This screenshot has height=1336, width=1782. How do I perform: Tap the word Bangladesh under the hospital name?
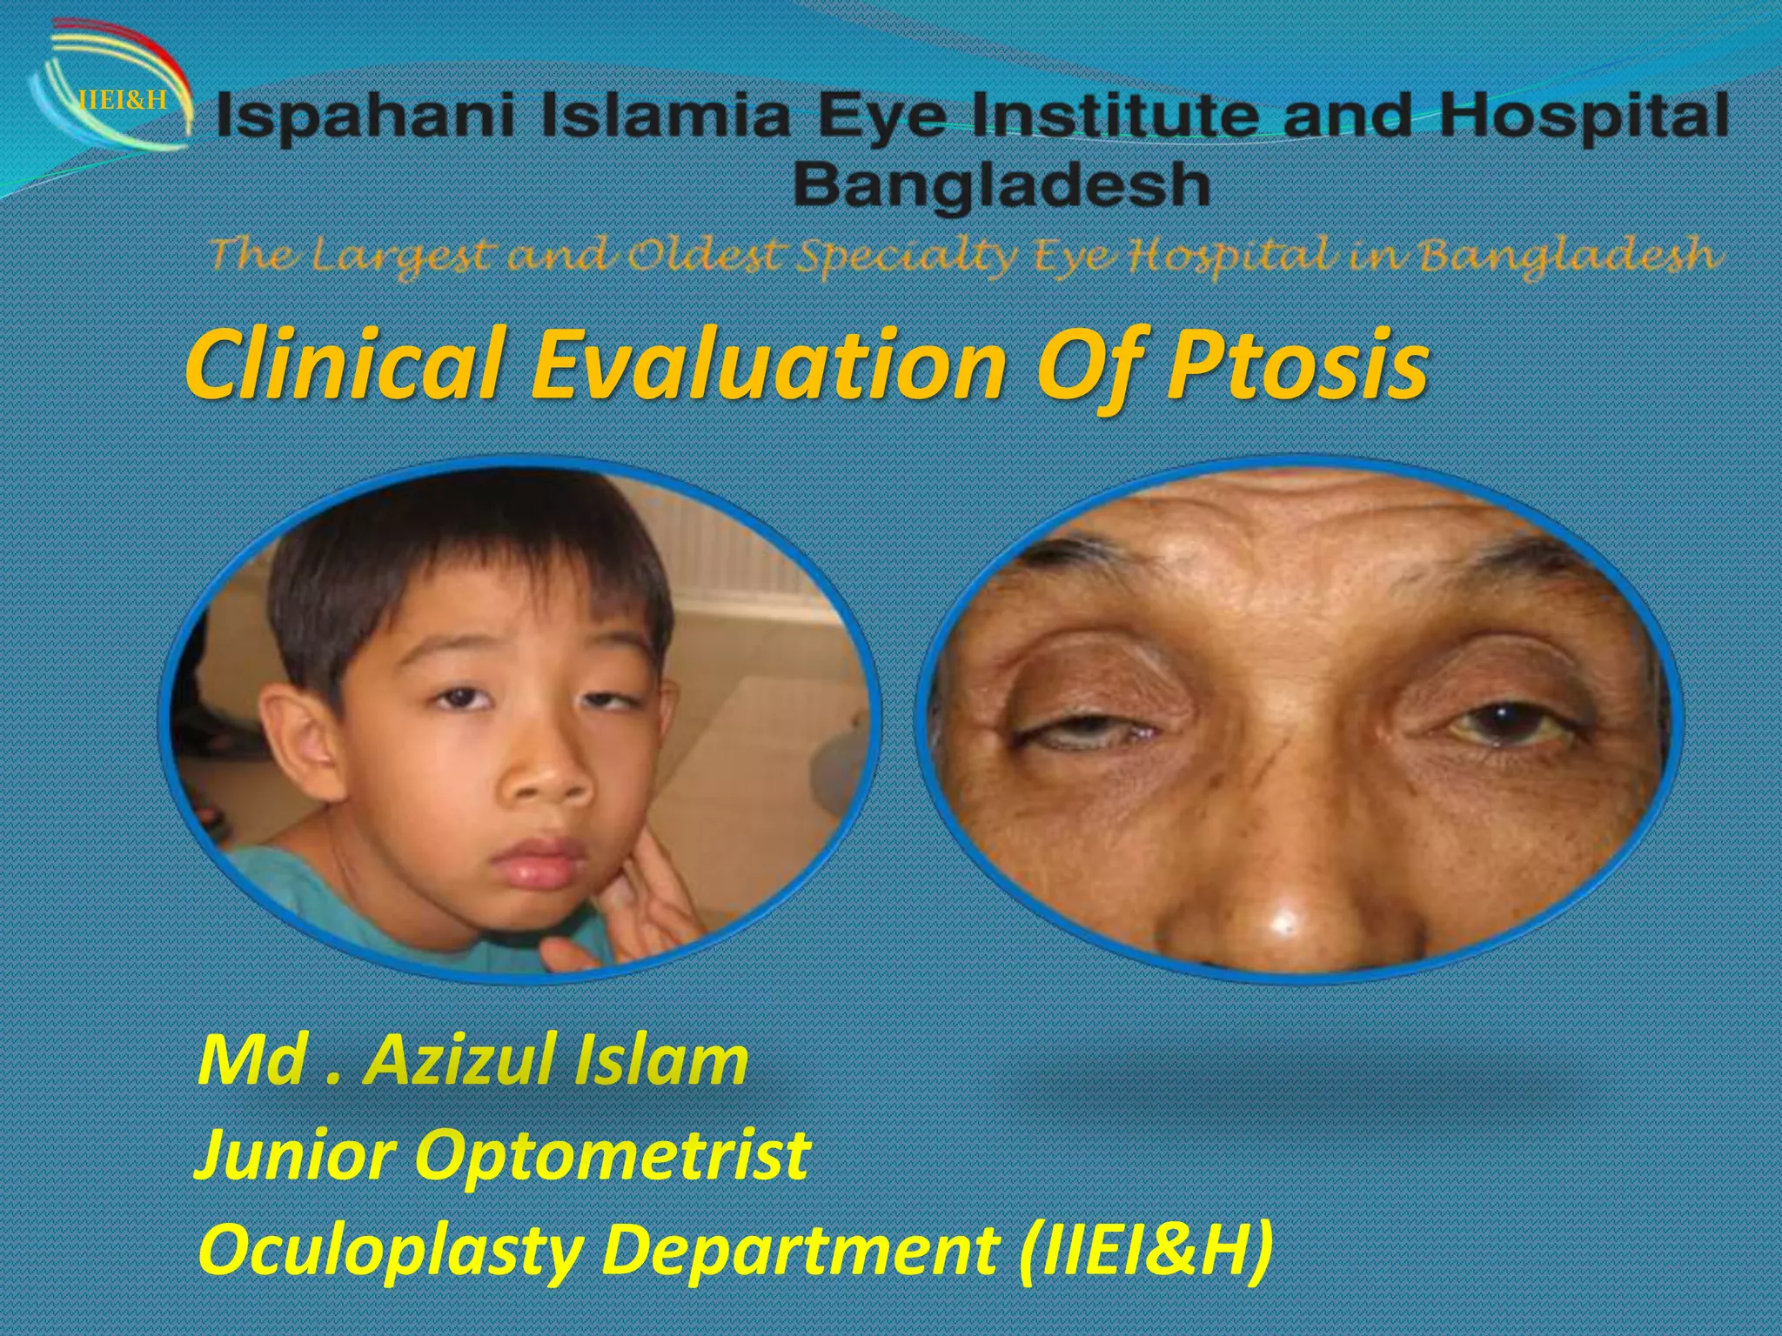1001,184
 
